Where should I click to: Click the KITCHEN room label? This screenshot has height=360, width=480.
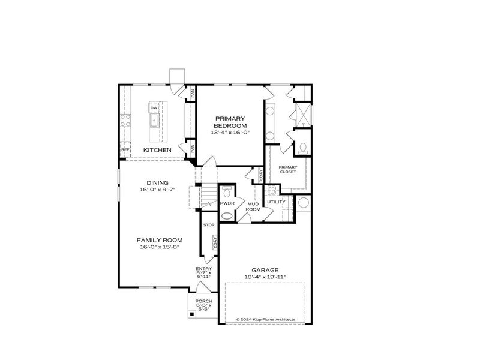pos(157,150)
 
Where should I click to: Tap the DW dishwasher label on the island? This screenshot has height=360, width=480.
pos(154,107)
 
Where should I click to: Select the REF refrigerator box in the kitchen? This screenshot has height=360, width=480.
pos(125,150)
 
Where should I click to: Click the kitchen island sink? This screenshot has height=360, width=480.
pos(154,121)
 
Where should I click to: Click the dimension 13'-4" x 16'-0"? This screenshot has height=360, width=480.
pos(230,133)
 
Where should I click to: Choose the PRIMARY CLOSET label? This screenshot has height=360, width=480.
pos(288,169)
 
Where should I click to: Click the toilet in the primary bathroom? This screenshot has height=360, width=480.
pos(302,146)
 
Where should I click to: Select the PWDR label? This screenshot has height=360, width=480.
pos(227,203)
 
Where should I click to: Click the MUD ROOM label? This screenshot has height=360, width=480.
pos(253,207)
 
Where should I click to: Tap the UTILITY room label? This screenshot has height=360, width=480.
pos(277,202)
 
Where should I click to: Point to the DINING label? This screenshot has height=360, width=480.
pos(157,183)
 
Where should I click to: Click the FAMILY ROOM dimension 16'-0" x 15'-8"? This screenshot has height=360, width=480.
pos(160,247)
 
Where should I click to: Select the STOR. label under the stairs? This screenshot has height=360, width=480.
pos(209,225)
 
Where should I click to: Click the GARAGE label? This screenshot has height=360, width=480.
pos(265,270)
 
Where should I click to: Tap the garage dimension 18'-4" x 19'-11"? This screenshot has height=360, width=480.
pos(265,277)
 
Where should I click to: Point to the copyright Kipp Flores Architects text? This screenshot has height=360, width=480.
pos(265,319)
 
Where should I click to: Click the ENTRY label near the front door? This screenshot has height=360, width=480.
pos(203,269)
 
